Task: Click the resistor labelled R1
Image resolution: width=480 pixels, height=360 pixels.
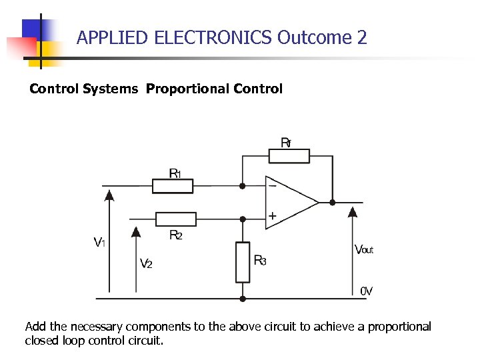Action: (x=173, y=186)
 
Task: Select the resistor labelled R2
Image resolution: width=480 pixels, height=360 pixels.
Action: (x=175, y=219)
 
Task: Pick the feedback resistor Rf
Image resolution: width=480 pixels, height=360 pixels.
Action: (x=289, y=156)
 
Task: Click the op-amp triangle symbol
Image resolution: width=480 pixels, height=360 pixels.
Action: (x=289, y=202)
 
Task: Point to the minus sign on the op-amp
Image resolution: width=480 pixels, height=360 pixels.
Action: (x=272, y=186)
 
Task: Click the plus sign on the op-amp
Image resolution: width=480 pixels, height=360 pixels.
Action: (x=272, y=216)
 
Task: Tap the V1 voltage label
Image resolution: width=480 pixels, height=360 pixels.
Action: (x=99, y=243)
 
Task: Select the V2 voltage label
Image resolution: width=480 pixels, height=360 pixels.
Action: (x=146, y=263)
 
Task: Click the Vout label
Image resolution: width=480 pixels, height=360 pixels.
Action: (x=364, y=250)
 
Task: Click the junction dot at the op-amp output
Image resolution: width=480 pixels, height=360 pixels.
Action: (x=332, y=202)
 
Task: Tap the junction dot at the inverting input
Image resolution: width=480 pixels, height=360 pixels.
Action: (x=243, y=186)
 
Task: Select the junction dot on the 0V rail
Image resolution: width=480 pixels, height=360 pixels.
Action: (x=243, y=298)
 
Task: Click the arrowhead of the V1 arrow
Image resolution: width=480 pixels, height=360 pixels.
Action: (x=109, y=195)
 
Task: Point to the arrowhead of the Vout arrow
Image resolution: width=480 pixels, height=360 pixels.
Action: (x=353, y=211)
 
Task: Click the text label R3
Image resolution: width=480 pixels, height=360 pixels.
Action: (x=260, y=260)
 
